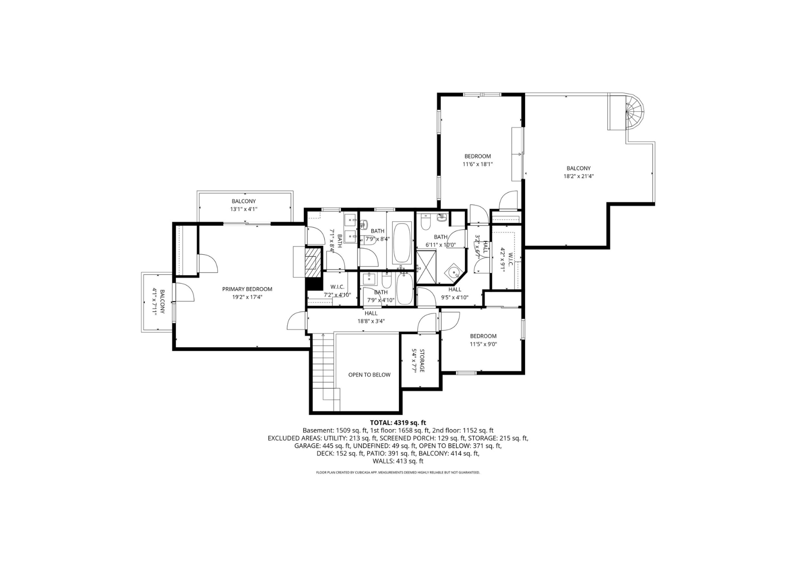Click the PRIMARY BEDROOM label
[247, 289]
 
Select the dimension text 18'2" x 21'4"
[578, 176]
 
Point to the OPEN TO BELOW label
[369, 375]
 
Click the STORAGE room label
[422, 360]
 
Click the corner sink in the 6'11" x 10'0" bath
[454, 272]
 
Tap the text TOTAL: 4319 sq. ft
[398, 422]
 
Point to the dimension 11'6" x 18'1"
[478, 164]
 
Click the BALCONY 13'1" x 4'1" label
[244, 205]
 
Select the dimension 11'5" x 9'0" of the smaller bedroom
[483, 344]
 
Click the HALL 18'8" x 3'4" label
[371, 317]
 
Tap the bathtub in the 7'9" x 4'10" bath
[404, 288]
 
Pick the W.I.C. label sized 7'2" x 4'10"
[337, 291]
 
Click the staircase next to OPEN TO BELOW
[326, 371]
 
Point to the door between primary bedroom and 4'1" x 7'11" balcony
[183, 292]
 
